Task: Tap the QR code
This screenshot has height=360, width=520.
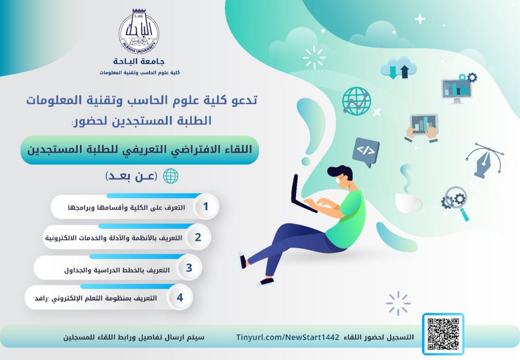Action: [x=443, y=334]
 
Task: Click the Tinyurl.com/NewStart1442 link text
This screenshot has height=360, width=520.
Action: [x=288, y=337]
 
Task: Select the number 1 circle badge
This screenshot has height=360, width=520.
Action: [x=206, y=207]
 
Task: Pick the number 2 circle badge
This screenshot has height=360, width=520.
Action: [x=198, y=237]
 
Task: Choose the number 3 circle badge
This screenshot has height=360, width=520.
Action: [x=189, y=267]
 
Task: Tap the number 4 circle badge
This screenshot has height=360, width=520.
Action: [x=180, y=297]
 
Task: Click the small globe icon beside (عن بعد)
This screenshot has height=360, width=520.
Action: [x=171, y=176]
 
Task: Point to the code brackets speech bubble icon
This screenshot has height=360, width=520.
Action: [x=366, y=152]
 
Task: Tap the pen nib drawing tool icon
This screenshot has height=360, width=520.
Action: [x=484, y=160]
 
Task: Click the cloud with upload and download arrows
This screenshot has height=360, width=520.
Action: [x=399, y=68]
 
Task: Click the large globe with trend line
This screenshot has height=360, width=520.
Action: [x=357, y=101]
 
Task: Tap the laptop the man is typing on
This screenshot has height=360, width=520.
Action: [x=301, y=194]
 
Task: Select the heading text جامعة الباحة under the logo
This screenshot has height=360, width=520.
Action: [x=139, y=61]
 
